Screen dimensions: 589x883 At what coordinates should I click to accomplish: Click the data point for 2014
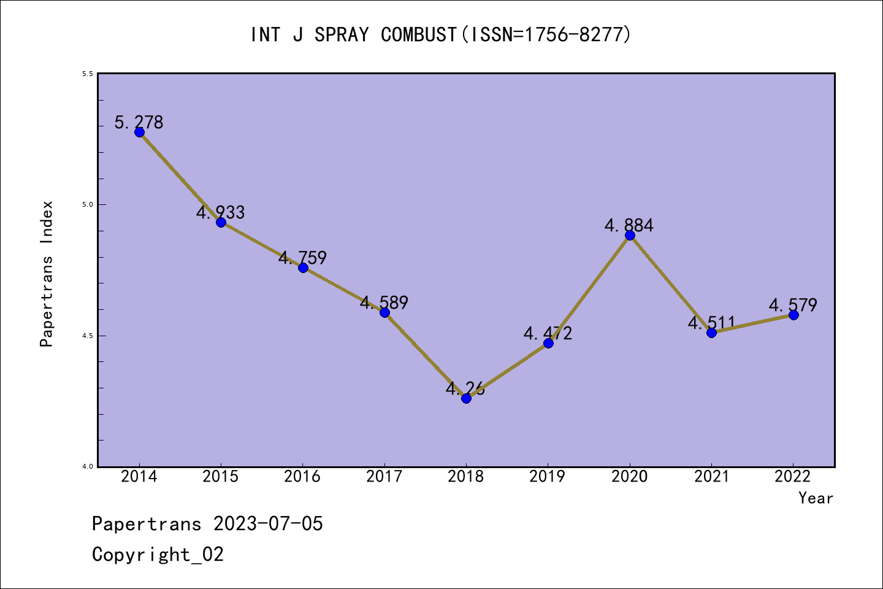tap(139, 132)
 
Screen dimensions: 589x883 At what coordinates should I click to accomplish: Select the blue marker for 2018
tap(466, 398)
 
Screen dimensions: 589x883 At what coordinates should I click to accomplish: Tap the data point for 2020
tap(630, 235)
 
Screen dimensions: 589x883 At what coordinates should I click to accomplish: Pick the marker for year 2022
tap(793, 315)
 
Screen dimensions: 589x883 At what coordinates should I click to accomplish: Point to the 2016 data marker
tap(303, 268)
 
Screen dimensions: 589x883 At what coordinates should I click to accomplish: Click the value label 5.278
tap(139, 122)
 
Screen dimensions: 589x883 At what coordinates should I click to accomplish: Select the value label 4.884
tap(629, 225)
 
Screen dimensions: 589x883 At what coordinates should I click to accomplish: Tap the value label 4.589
tap(384, 302)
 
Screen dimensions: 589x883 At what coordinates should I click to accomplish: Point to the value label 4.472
tap(548, 333)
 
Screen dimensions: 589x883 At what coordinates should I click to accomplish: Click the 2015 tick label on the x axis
tap(221, 477)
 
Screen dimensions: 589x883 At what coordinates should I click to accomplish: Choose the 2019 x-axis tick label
tap(548, 477)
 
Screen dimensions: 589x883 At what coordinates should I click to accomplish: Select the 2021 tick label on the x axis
tap(711, 477)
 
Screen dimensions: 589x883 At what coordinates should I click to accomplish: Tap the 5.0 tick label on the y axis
tap(86, 204)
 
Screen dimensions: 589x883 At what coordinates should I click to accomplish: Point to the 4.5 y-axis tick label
tap(86, 336)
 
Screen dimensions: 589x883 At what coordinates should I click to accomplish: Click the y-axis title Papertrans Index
tap(47, 274)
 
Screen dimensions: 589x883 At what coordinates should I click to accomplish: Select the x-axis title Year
tap(816, 498)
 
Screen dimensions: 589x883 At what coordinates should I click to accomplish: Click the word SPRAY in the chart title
tap(342, 34)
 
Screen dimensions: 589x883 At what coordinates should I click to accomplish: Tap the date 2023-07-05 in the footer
tap(268, 523)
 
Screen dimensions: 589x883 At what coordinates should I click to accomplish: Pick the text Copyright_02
tap(158, 554)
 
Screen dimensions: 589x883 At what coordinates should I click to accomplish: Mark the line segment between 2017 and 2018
tap(426, 355)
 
